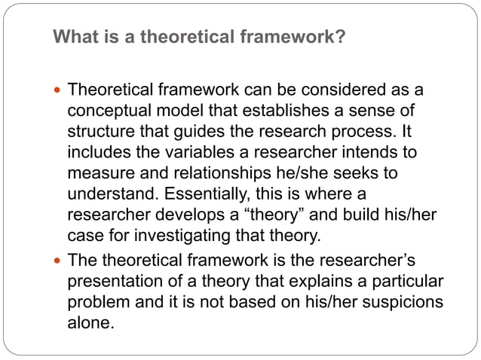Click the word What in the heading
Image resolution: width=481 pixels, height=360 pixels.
coord(73,36)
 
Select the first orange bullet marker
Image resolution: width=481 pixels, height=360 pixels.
coord(58,91)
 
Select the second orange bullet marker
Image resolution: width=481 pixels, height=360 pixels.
coord(58,261)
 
